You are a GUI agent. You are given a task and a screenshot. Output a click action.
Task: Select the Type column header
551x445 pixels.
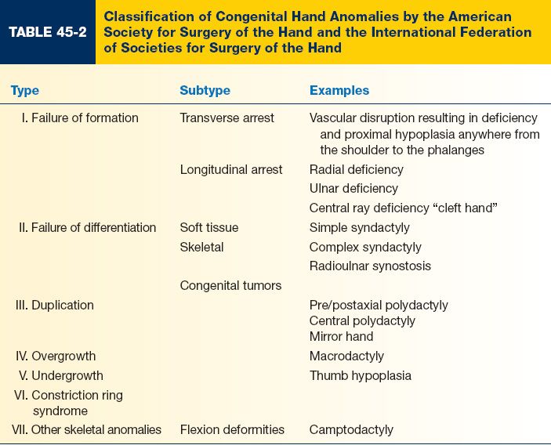[25, 90]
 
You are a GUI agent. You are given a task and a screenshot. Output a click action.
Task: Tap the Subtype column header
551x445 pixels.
[205, 90]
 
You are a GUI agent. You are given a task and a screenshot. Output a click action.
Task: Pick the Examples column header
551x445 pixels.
[339, 90]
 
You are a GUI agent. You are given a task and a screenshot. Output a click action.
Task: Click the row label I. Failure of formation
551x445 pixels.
[78, 118]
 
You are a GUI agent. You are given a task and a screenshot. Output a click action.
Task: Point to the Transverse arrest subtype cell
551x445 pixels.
[227, 118]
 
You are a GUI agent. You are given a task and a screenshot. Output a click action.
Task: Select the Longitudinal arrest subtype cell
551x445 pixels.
[231, 169]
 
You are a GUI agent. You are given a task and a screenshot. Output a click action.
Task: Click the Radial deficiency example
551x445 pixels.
[357, 169]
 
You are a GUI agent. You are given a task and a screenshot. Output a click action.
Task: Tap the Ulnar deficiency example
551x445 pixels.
[353, 188]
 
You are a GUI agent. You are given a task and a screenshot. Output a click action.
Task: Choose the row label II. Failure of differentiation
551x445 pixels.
[87, 227]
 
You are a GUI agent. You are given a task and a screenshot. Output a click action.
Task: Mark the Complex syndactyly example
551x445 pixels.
[364, 247]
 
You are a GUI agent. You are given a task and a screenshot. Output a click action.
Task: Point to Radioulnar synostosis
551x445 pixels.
[370, 266]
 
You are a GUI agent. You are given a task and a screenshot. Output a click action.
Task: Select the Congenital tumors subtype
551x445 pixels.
[230, 285]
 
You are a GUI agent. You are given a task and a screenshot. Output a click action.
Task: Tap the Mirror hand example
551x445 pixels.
[341, 336]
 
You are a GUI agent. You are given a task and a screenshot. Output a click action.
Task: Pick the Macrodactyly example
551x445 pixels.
[346, 356]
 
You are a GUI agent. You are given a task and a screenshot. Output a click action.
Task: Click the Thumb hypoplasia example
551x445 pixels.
[361, 375]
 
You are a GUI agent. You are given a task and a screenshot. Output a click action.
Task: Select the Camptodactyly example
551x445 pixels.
[351, 429]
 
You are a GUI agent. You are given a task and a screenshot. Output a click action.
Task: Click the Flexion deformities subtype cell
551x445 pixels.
[232, 429]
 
